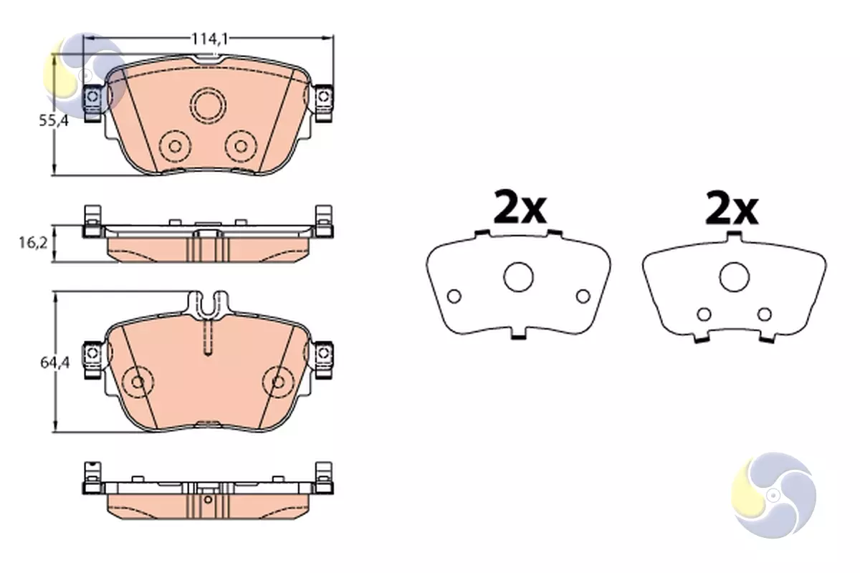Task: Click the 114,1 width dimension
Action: tap(209, 39)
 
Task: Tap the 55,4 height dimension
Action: tap(54, 121)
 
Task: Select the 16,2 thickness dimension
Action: tap(34, 243)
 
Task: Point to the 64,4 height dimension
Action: tap(55, 362)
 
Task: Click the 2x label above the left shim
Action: tap(520, 207)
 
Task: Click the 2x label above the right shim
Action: tap(732, 207)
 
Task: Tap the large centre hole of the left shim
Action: tap(518, 277)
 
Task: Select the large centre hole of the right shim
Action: tap(735, 277)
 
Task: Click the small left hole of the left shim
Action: tap(454, 297)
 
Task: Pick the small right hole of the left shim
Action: tap(583, 297)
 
